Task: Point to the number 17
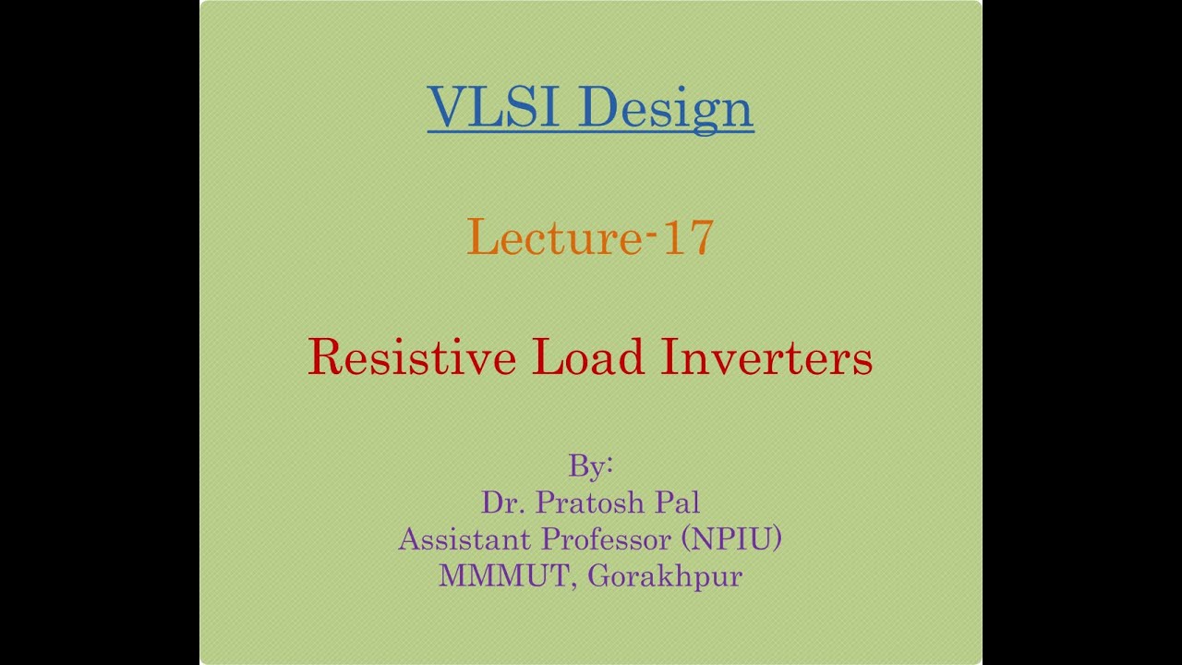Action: (687, 237)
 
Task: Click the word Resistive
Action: (412, 357)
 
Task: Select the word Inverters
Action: (766, 357)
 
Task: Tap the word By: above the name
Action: (591, 465)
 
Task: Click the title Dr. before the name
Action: (500, 502)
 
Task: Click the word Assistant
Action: (464, 538)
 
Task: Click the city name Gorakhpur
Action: (665, 576)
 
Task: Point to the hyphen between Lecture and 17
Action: (651, 233)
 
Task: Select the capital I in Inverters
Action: (669, 357)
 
